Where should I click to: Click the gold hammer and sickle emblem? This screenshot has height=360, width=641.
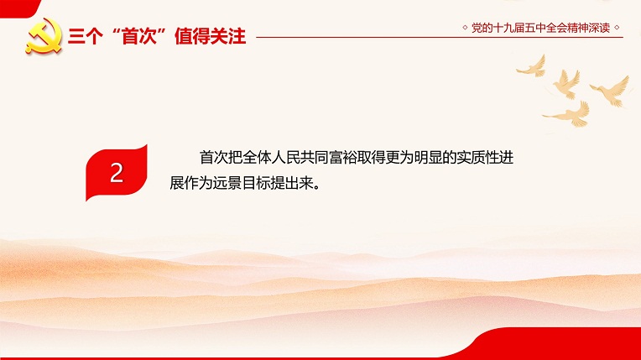(44, 36)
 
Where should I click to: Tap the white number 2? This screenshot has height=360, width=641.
(117, 173)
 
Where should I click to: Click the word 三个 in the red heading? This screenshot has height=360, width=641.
(85, 36)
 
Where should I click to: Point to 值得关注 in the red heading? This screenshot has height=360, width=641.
(210, 36)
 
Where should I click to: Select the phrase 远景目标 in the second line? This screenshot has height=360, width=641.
(241, 183)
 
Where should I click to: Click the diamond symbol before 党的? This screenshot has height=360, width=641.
(465, 28)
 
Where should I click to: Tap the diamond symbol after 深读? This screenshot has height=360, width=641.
(617, 28)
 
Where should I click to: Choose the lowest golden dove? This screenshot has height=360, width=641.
(568, 114)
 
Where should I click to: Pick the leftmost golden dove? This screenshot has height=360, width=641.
(532, 66)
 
